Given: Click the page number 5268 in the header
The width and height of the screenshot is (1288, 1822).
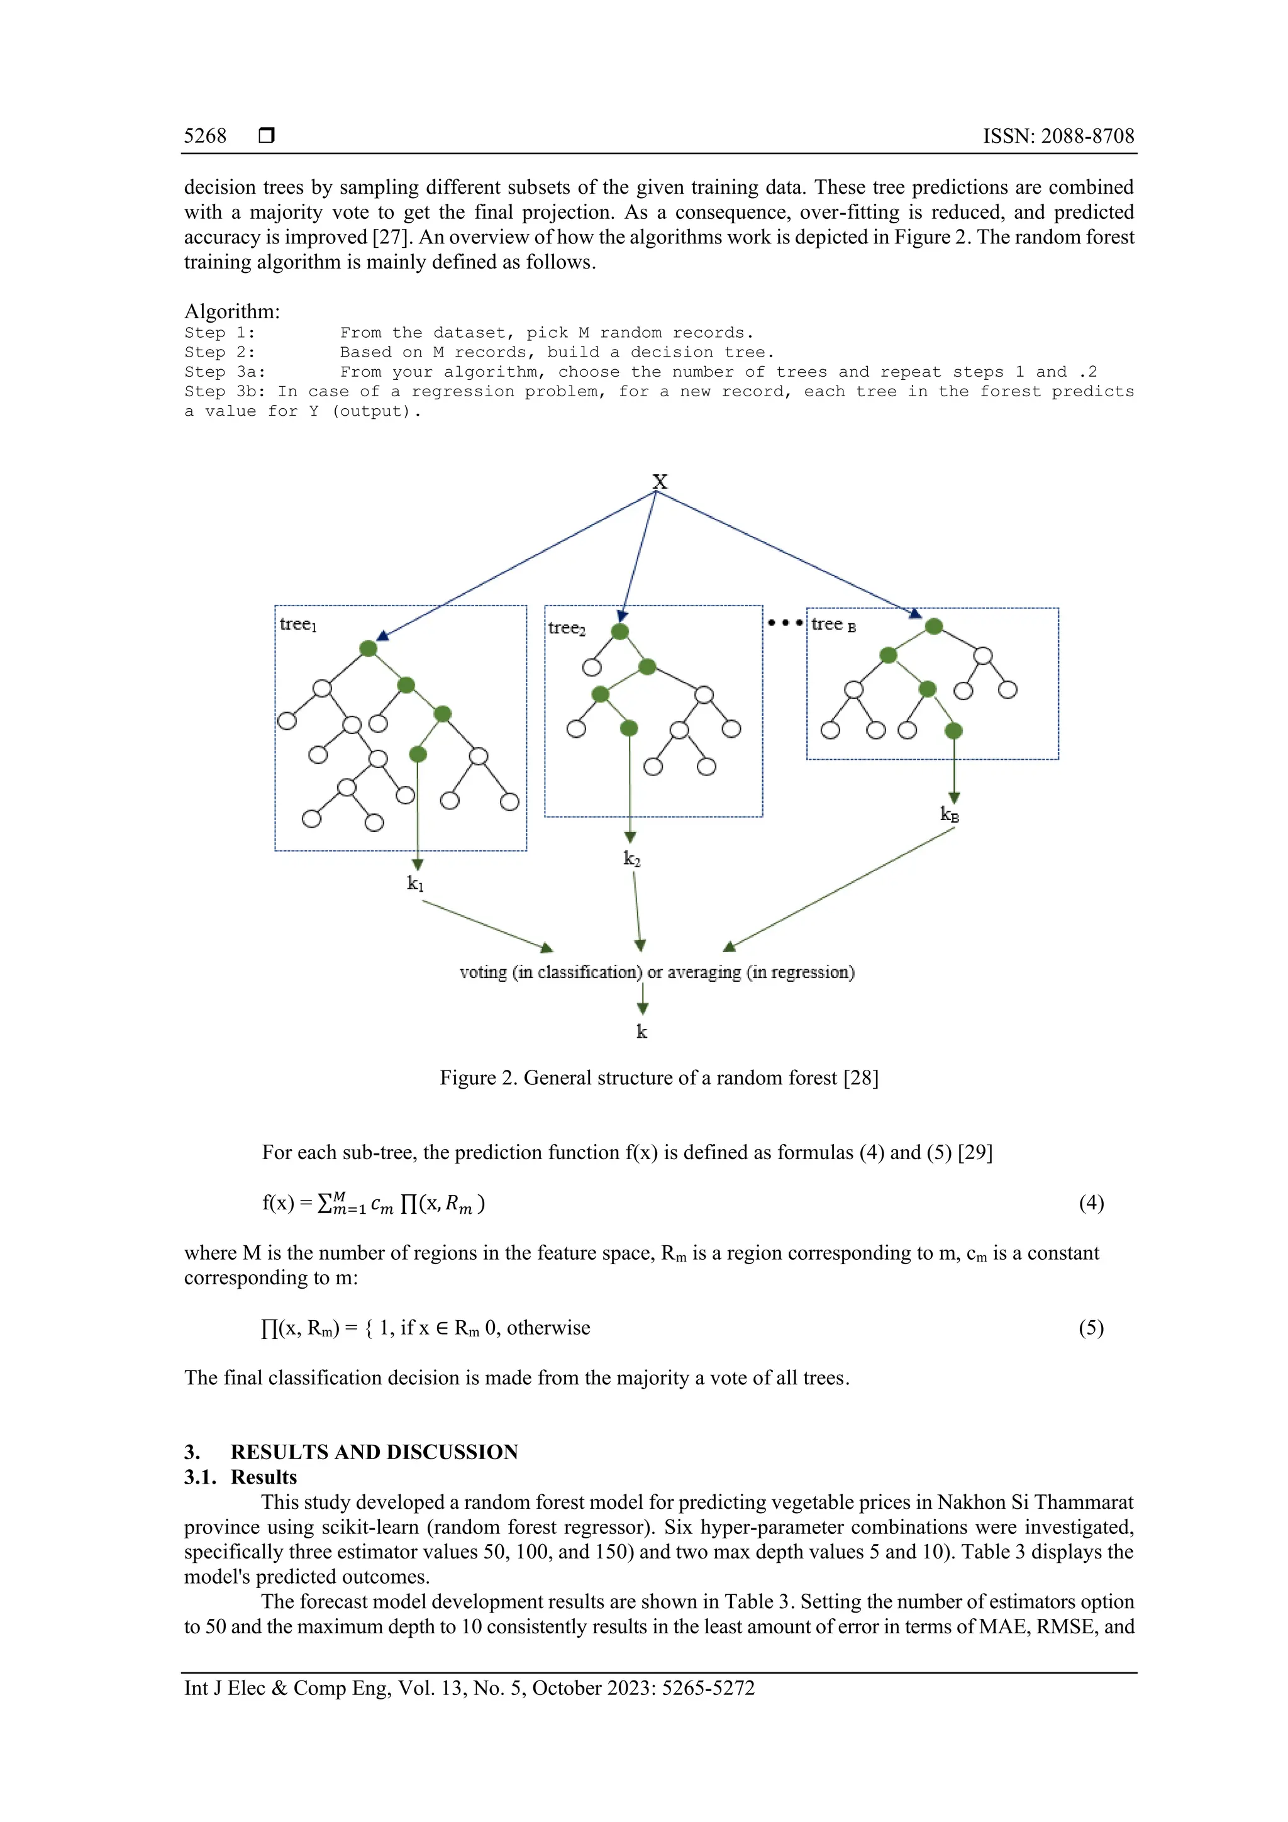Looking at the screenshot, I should click(x=205, y=136).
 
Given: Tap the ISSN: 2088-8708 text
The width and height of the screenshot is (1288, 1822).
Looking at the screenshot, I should click(x=1058, y=136).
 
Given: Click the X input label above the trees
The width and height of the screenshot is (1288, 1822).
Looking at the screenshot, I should click(x=660, y=482).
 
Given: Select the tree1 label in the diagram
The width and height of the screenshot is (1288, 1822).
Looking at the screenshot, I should click(x=297, y=625).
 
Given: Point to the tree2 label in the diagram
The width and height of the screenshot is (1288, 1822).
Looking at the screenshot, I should click(x=567, y=628).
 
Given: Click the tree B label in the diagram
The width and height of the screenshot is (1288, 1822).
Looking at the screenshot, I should click(x=833, y=625).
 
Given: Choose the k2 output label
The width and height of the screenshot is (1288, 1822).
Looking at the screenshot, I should click(x=631, y=858).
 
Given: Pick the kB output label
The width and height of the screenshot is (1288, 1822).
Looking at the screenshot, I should click(x=949, y=814).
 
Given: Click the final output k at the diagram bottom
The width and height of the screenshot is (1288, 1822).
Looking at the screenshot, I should click(x=642, y=1031).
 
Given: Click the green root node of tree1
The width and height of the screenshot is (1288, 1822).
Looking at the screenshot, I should click(x=369, y=649).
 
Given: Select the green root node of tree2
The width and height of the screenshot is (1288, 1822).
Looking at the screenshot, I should click(x=620, y=631).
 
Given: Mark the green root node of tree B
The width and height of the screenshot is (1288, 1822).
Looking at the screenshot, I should click(x=934, y=626).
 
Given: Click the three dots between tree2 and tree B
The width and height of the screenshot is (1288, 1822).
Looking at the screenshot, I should click(x=785, y=623).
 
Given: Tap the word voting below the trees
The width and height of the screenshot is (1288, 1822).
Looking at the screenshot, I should click(x=482, y=973).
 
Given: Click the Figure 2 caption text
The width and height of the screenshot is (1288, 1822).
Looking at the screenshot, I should click(x=658, y=1077).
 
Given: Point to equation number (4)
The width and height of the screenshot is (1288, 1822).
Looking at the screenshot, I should click(x=1091, y=1203).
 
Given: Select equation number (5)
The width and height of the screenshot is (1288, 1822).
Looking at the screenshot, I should click(x=1091, y=1328).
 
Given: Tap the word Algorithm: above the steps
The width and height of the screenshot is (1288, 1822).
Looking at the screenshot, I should click(x=231, y=311).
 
